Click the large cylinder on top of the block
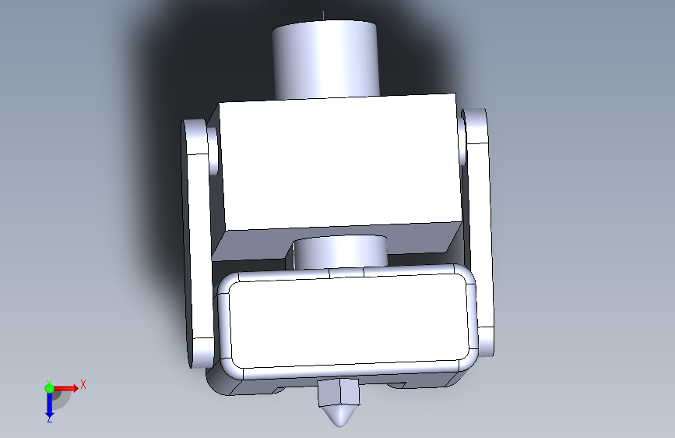click(x=326, y=59)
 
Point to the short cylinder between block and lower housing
click(x=340, y=253)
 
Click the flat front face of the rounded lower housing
click(x=349, y=321)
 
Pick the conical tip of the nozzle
click(x=340, y=415)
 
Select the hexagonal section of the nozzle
click(x=339, y=392)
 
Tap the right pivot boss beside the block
click(x=462, y=138)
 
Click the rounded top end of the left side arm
click(x=195, y=136)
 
